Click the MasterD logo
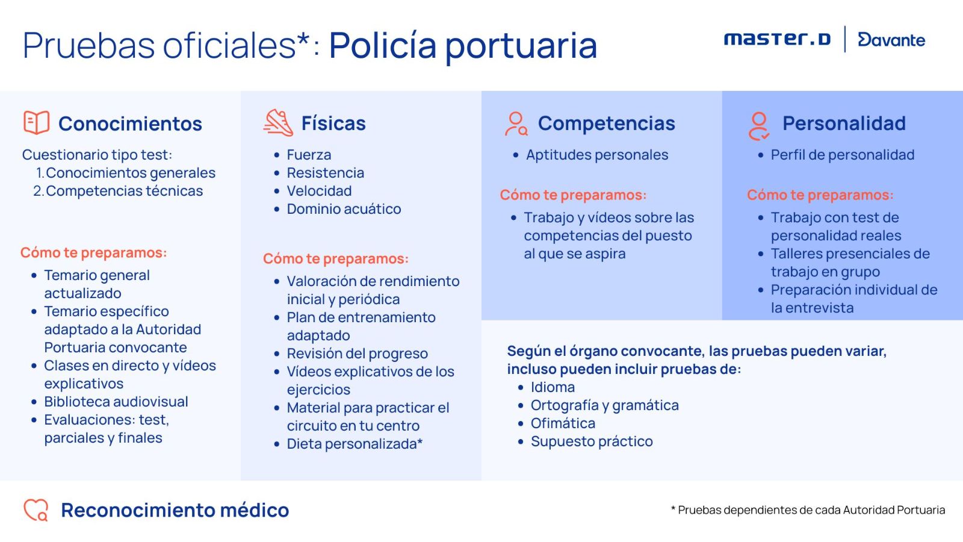777,39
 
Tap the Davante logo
891,40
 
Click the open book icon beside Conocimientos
37,123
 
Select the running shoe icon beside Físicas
278,123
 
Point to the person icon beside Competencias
516,124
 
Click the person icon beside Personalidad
759,126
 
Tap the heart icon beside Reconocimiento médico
36,510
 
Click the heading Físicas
333,123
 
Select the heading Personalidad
844,123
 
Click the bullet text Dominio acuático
344,209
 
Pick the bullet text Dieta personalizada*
355,444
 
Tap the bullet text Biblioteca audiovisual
116,402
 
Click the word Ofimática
563,423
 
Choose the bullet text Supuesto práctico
592,442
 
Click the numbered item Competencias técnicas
124,191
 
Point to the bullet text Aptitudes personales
597,155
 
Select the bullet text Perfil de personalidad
842,155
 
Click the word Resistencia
326,173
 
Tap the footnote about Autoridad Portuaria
808,510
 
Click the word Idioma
553,387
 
